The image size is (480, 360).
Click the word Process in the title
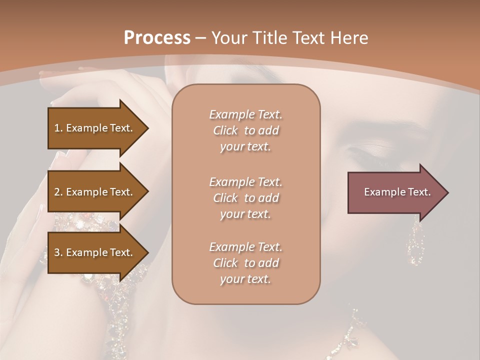pos(156,38)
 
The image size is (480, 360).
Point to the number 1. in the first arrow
pos(58,128)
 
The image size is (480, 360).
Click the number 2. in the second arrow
pos(58,192)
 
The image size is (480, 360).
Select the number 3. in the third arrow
pos(58,252)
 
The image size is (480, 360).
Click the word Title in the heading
pos(270,38)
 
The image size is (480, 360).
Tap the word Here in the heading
pos(349,38)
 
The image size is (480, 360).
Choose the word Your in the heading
pos(229,38)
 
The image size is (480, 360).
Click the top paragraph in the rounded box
pos(246,130)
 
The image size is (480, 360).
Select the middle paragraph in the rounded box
pos(246,198)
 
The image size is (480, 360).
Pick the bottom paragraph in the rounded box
pos(246,263)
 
